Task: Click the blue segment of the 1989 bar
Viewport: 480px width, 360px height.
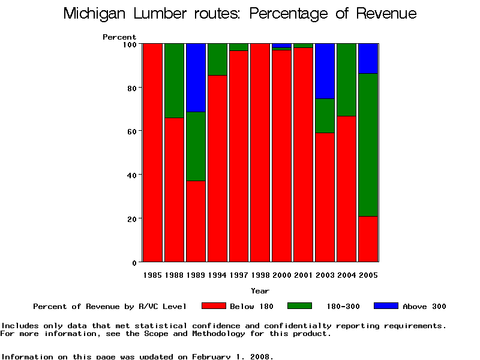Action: click(196, 77)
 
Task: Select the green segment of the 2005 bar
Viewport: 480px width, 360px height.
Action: click(368, 145)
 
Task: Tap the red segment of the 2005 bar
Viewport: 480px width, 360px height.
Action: click(368, 239)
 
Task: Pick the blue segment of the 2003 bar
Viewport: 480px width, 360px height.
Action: click(325, 71)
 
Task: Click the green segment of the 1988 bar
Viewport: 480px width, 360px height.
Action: click(174, 80)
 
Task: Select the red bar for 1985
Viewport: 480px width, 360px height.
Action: click(152, 152)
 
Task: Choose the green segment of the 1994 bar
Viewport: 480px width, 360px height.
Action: click(217, 59)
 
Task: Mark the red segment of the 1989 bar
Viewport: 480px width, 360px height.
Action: click(196, 221)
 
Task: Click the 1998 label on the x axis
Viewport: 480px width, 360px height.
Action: click(260, 275)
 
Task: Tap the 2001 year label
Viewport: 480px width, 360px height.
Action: click(304, 275)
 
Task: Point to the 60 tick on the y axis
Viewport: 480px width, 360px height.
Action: click(132, 131)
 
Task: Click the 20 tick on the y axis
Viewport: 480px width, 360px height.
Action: click(132, 218)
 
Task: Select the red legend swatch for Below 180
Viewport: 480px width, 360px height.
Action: click(214, 306)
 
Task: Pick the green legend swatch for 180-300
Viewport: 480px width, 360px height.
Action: click(300, 306)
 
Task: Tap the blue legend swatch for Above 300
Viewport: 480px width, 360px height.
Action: click(386, 306)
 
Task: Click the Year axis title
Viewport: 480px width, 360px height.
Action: click(260, 291)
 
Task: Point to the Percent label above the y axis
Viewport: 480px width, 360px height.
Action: click(119, 37)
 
